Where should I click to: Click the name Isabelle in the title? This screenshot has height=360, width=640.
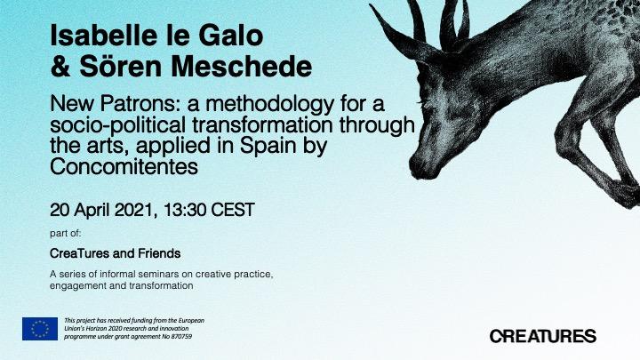coord(100,36)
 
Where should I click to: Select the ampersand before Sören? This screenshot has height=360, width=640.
coord(60,67)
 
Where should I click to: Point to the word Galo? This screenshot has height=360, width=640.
coord(230,36)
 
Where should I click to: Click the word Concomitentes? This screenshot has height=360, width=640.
coord(124,166)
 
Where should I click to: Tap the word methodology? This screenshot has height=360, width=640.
coord(270,105)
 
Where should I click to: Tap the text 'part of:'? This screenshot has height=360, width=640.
coord(66,234)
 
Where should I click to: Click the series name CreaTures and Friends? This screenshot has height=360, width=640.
coord(115,253)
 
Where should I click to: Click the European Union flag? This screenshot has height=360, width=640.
coord(40,329)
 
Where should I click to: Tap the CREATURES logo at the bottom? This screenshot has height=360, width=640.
coord(543,336)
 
